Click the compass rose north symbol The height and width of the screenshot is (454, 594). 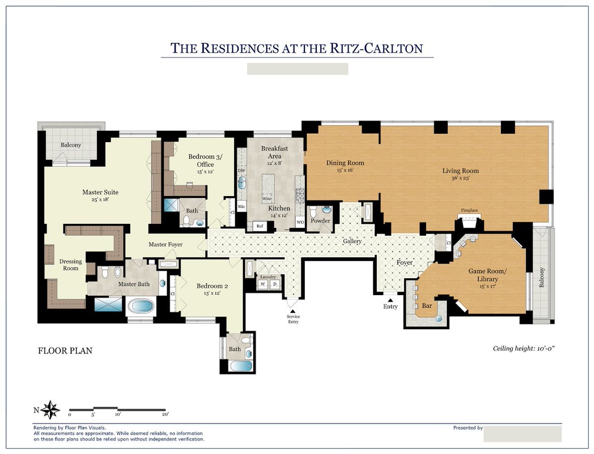point(50,409)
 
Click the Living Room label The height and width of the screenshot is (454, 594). point(460,171)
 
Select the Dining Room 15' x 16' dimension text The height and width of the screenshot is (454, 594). point(345,170)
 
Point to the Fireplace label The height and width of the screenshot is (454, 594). point(469,210)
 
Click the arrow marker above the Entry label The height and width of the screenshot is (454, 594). point(390,300)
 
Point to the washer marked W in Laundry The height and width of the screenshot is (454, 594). point(262,284)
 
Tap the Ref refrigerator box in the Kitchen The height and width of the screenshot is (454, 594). point(259,226)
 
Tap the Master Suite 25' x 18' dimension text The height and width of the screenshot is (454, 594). point(100,200)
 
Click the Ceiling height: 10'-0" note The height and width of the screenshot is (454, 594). point(524,349)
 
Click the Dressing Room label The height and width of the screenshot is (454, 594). point(69,265)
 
